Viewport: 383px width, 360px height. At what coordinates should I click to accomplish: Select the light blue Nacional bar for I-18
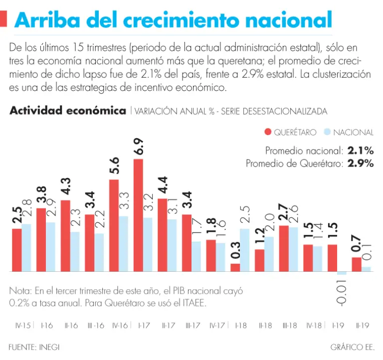[x=245, y=250]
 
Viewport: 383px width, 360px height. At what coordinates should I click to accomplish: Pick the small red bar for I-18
[x=235, y=268]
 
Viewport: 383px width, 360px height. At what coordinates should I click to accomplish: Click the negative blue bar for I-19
[x=342, y=273]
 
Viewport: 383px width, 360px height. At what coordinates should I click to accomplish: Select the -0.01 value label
[x=343, y=292]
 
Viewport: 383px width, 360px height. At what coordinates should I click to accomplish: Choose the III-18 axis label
[x=289, y=326]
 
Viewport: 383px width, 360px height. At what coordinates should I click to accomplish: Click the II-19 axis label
[x=363, y=326]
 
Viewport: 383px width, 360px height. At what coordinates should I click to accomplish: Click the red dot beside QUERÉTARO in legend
[x=268, y=132]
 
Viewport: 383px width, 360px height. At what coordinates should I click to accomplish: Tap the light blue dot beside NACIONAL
[x=328, y=132]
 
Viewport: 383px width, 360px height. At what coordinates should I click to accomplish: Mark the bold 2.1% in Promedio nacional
[x=361, y=150]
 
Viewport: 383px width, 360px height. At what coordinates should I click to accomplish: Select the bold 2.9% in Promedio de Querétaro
[x=361, y=163]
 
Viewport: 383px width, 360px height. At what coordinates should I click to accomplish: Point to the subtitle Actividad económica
[x=67, y=111]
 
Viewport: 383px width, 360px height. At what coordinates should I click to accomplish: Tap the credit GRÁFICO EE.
[x=352, y=346]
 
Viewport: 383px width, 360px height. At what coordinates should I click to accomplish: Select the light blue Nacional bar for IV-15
[x=26, y=248]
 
